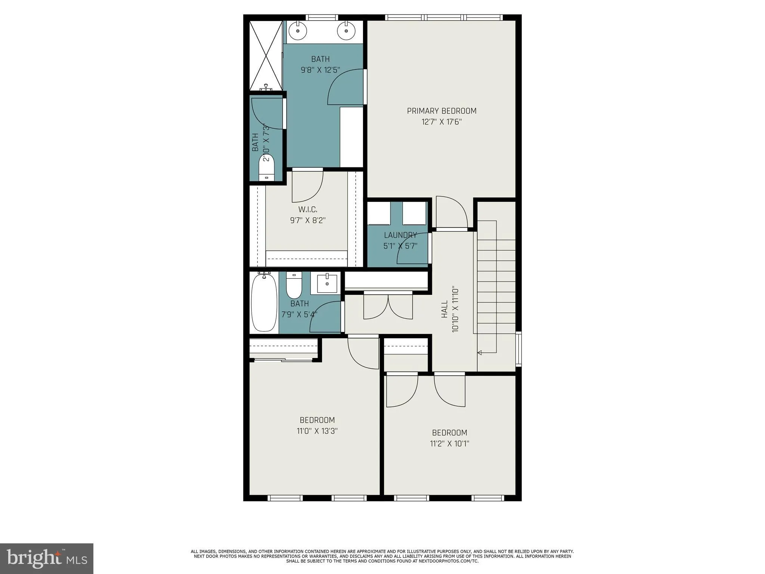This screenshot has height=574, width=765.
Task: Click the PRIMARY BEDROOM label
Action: pyautogui.click(x=442, y=111)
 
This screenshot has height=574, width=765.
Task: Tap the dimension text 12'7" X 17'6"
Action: pyautogui.click(x=442, y=122)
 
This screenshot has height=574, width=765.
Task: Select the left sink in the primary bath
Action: pyautogui.click(x=298, y=31)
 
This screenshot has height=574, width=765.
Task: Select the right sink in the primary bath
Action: pyautogui.click(x=346, y=31)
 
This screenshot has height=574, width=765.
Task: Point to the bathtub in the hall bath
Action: pyautogui.click(x=264, y=303)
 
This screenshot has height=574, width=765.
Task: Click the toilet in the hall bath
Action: pyautogui.click(x=294, y=286)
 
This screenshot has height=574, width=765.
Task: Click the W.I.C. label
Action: pyautogui.click(x=308, y=210)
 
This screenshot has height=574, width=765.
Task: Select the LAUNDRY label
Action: pyautogui.click(x=400, y=235)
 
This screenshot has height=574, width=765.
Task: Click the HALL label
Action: pyautogui.click(x=445, y=309)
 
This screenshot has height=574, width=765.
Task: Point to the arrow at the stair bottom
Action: pyautogui.click(x=480, y=352)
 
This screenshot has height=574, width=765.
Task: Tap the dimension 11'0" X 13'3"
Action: pyautogui.click(x=317, y=431)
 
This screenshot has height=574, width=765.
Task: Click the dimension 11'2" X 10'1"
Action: pyautogui.click(x=449, y=444)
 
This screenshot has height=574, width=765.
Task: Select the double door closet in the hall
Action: pyautogui.click(x=388, y=306)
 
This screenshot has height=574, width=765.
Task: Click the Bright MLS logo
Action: pyautogui.click(x=47, y=559)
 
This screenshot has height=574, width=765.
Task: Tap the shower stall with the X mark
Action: pyautogui.click(x=266, y=56)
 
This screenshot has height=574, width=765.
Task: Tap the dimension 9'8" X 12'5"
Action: pyautogui.click(x=320, y=70)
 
